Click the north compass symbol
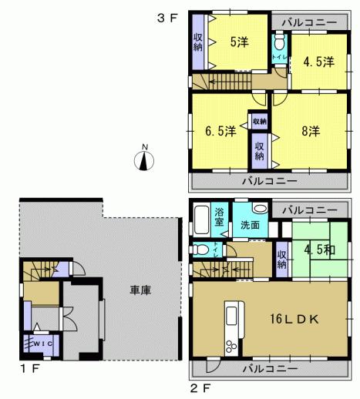coord(144,159)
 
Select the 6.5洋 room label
coord(220,131)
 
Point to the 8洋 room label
coord(310,131)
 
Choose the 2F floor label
coord(199,385)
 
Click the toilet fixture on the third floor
coord(280,43)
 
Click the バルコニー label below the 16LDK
coord(270,369)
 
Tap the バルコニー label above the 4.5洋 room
coord(310,23)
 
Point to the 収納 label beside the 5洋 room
coord(198,42)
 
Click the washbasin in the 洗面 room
coord(259,209)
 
